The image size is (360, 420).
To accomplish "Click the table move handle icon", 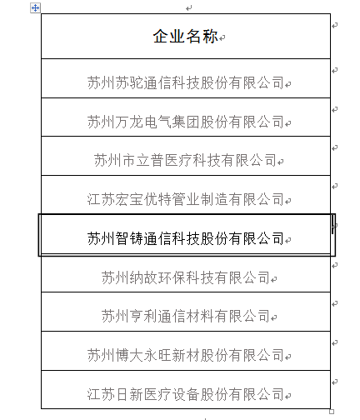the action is click(x=35, y=7).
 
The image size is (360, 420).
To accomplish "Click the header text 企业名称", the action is click(x=185, y=37).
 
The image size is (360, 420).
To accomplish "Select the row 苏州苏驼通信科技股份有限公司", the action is click(x=185, y=82).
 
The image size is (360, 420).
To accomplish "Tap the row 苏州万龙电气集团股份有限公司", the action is click(x=185, y=122).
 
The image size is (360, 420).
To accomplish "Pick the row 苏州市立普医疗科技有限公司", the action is click(x=185, y=160).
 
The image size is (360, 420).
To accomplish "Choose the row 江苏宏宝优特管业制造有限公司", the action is click(x=185, y=199).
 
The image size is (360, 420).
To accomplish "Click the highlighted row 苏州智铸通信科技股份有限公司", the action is click(x=185, y=238).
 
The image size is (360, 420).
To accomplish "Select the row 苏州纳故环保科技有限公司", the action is click(x=185, y=277).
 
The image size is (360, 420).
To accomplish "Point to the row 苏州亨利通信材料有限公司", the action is click(x=185, y=316).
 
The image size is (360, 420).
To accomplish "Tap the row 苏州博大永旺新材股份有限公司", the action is click(x=185, y=355).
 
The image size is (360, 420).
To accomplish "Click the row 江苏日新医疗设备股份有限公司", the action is click(x=185, y=394).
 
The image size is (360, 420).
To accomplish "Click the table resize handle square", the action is click(x=332, y=412).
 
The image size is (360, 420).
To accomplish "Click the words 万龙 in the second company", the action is click(x=129, y=122).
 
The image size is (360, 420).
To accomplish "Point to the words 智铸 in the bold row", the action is click(x=129, y=238).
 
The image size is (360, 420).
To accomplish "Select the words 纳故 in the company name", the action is click(x=143, y=277).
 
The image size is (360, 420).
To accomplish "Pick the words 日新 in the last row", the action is click(x=129, y=394).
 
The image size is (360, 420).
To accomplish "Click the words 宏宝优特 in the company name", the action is click(x=143, y=199).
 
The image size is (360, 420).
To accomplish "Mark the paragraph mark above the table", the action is click(x=189, y=8).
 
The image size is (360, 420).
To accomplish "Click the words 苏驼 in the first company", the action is click(x=129, y=82).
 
